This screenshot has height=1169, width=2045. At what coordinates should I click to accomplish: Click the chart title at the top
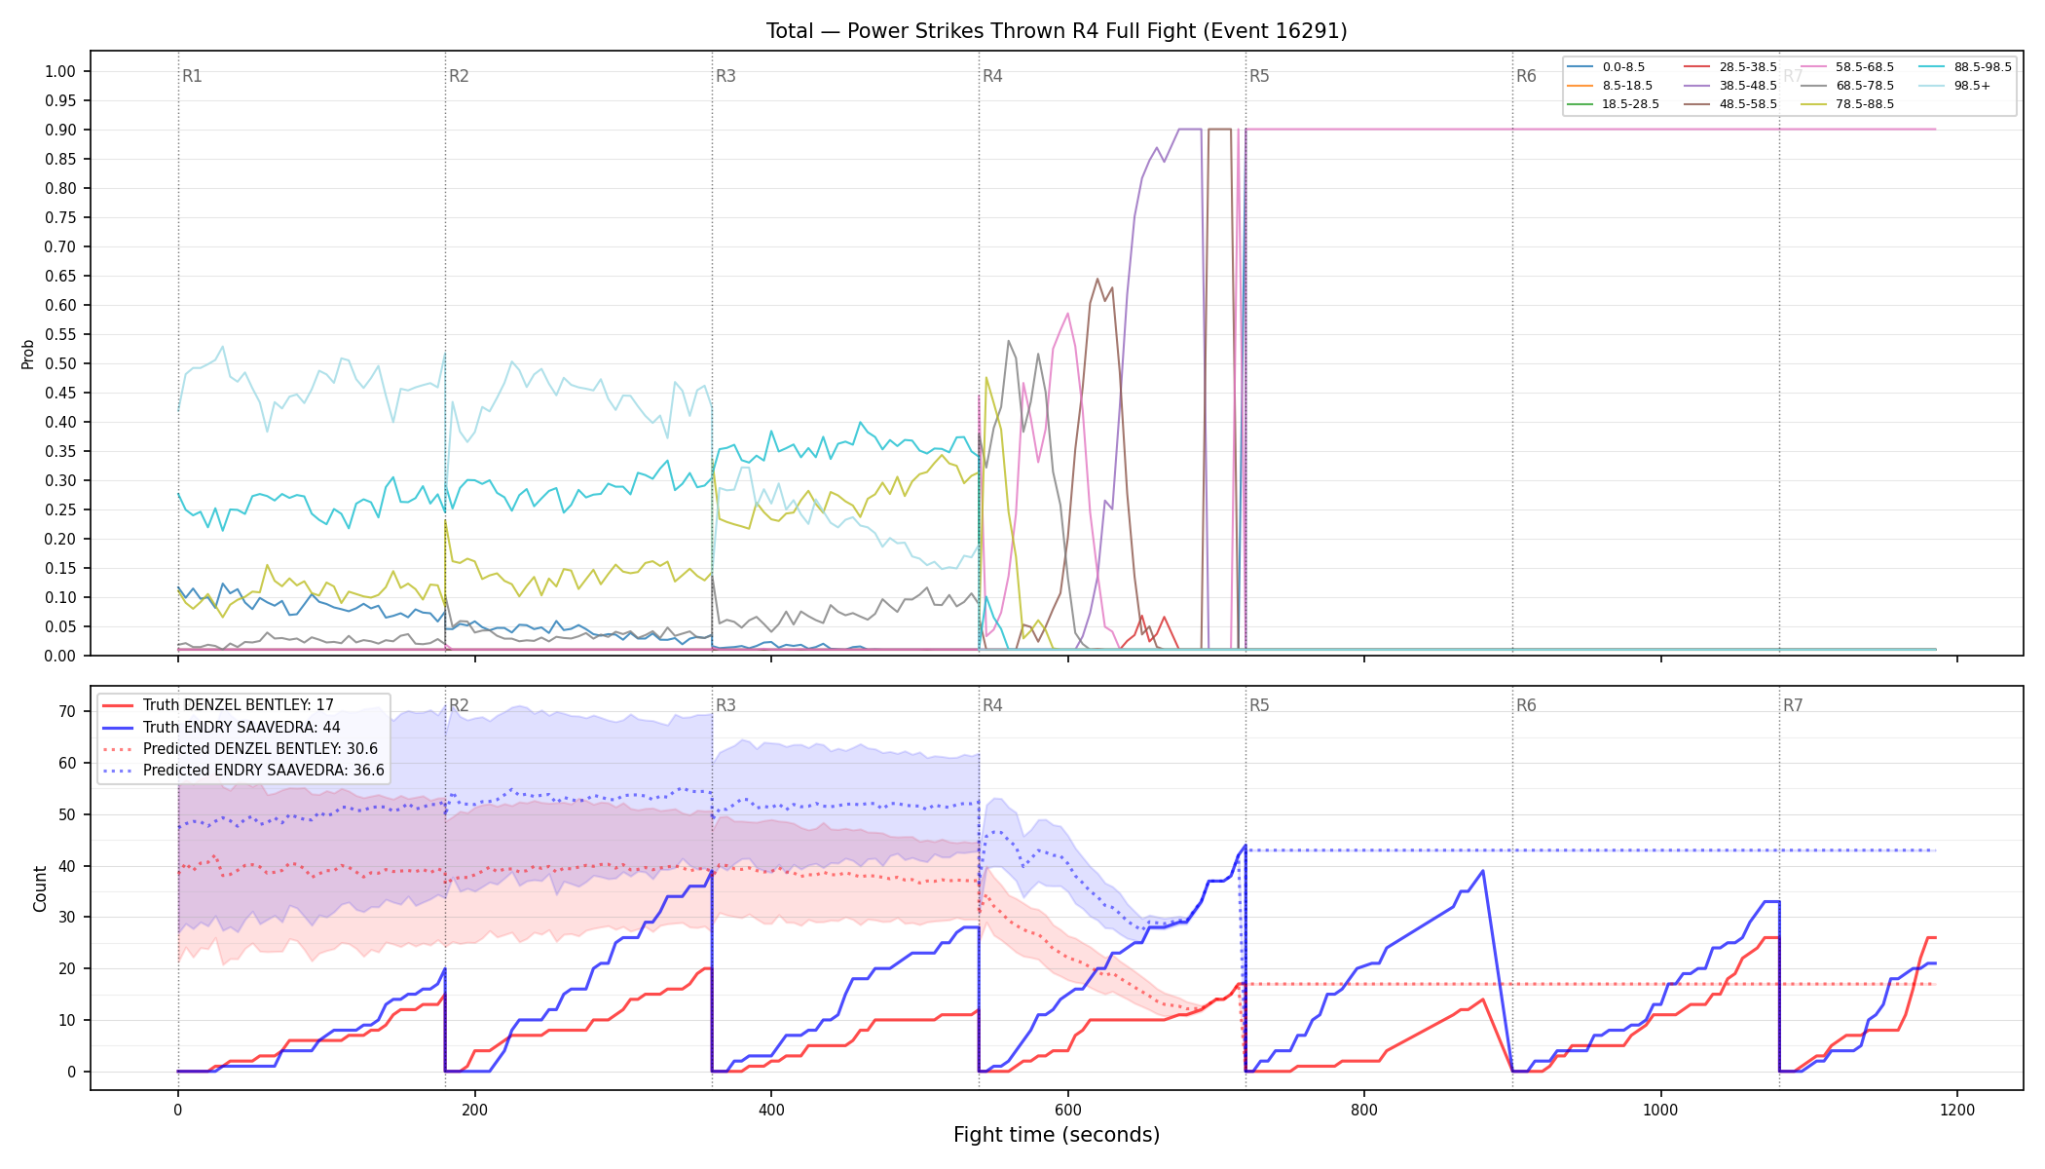[x=1057, y=31]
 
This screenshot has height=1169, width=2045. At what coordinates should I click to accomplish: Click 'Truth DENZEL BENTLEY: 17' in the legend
[x=239, y=705]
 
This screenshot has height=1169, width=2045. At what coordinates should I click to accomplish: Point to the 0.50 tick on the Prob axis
[x=60, y=363]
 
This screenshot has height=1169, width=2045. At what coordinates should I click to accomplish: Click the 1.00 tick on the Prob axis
[x=60, y=71]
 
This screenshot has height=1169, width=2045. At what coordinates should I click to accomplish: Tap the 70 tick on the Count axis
[x=67, y=712]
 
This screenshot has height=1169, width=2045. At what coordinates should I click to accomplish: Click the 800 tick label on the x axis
[x=1364, y=1110]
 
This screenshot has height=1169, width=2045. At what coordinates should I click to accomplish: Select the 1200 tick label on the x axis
[x=1957, y=1110]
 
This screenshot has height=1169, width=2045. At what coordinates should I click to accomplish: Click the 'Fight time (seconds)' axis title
[x=1057, y=1135]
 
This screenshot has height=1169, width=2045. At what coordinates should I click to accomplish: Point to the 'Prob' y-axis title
[x=28, y=354]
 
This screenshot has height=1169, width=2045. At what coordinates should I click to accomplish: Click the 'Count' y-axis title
[x=40, y=888]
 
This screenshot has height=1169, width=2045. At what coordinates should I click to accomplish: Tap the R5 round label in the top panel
[x=1259, y=76]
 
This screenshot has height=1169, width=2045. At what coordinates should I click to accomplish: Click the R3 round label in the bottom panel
[x=725, y=705]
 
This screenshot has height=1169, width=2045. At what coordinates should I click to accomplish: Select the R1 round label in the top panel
[x=192, y=76]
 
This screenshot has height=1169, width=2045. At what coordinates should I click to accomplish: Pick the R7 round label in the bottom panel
[x=1793, y=705]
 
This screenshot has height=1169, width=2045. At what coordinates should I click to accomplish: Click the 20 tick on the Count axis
[x=67, y=969]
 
